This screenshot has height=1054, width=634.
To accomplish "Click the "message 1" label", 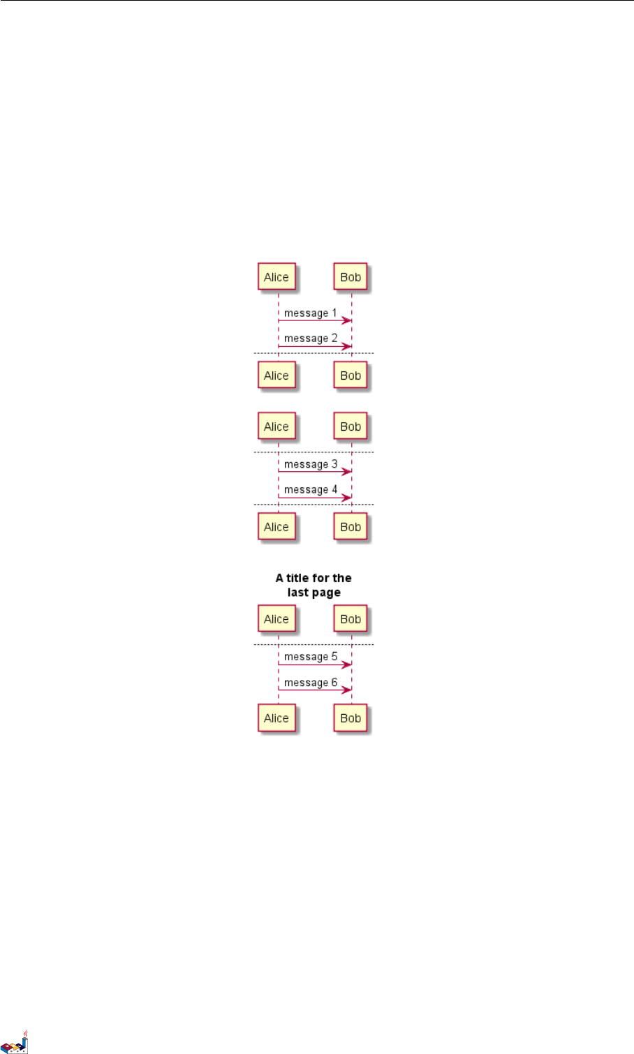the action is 310,313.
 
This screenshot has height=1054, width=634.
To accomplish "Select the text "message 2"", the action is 310,339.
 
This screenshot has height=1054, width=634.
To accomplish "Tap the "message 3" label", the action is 310,464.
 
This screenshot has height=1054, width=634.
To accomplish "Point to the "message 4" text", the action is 310,490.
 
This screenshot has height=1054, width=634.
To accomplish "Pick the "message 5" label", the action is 310,657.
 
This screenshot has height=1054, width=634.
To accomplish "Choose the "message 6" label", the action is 310,683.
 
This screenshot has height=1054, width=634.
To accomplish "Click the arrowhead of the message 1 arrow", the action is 346,320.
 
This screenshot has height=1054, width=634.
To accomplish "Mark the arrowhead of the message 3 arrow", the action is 346,472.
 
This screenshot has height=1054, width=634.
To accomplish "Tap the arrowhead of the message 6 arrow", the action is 346,690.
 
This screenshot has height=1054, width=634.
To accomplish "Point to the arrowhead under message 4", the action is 346,498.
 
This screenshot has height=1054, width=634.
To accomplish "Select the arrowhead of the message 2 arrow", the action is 346,346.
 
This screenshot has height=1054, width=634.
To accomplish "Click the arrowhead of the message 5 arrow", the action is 346,665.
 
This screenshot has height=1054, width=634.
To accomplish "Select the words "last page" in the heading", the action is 314,593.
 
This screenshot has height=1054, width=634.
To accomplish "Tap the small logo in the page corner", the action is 15,1041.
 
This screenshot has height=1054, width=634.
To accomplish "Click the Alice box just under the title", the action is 277,619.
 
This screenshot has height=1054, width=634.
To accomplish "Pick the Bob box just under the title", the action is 351,619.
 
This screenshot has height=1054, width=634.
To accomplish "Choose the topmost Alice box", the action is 277,277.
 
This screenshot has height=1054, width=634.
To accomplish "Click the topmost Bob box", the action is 351,277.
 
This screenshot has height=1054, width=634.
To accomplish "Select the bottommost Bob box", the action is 351,718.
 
